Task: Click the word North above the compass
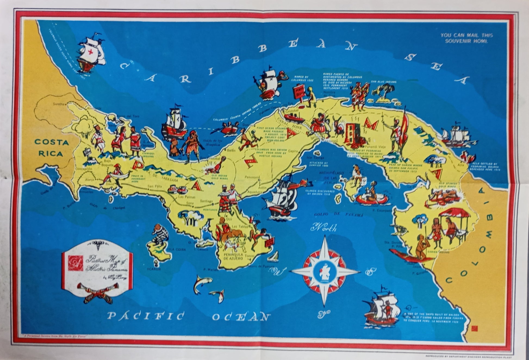[325, 227]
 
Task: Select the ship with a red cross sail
[91, 53]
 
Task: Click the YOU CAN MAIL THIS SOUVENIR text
[466, 38]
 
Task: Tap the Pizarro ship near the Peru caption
[382, 308]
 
